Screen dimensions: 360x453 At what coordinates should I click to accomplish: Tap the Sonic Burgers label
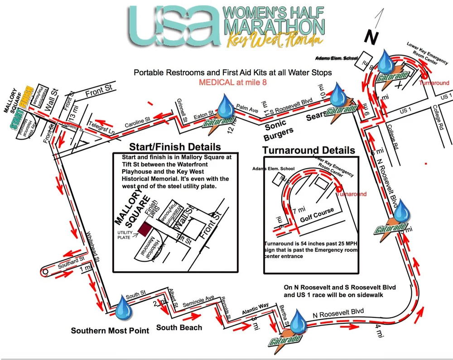pos(279,128)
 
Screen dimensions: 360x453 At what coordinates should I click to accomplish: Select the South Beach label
pos(179,327)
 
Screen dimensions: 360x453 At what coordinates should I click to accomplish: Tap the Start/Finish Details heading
pos(175,147)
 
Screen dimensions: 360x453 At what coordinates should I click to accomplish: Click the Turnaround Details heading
pos(309,150)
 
